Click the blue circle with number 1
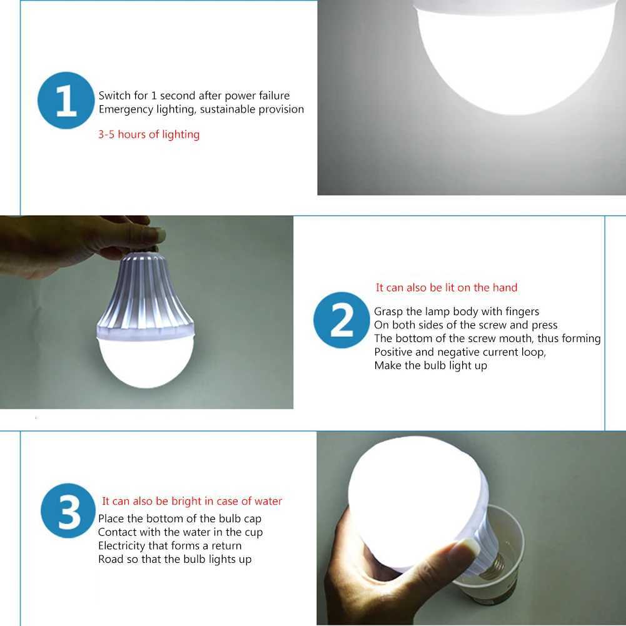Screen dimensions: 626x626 (66, 101)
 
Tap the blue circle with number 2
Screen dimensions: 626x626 (341, 320)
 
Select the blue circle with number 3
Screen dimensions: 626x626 (68, 511)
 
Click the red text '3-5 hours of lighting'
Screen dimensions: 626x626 (149, 134)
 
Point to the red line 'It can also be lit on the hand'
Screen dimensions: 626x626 (447, 288)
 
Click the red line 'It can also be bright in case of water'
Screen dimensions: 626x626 (192, 501)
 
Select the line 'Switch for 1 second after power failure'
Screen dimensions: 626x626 (194, 96)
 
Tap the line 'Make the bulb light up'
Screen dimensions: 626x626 (430, 366)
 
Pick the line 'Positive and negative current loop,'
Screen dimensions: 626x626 (460, 352)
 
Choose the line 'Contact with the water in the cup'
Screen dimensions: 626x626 (180, 532)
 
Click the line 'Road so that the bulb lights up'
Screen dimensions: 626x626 (174, 560)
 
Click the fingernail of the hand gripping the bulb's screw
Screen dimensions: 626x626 (153, 235)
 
